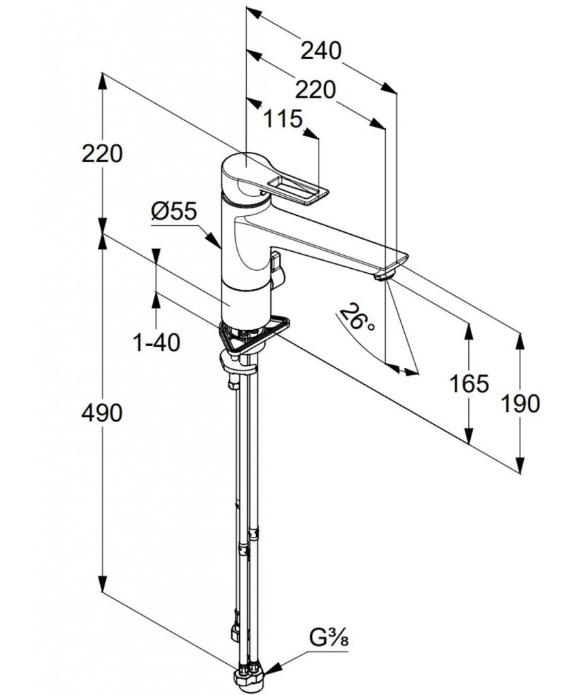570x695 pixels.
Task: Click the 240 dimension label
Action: (x=320, y=51)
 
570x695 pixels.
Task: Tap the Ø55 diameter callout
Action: (x=173, y=212)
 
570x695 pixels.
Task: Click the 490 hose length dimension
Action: (x=103, y=412)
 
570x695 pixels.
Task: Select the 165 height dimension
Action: (x=469, y=383)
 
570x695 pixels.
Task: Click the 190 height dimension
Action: (x=521, y=403)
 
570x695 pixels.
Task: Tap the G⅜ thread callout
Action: (x=332, y=640)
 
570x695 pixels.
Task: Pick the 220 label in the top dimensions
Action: (x=316, y=89)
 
